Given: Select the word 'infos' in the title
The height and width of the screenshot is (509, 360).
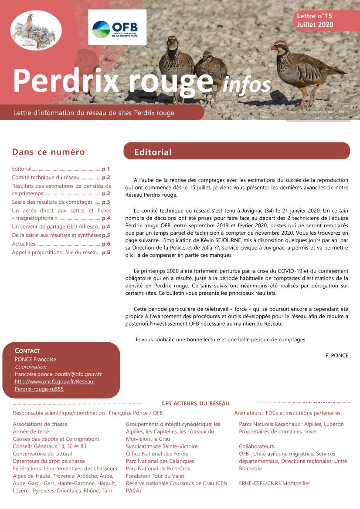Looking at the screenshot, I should click(x=247, y=83).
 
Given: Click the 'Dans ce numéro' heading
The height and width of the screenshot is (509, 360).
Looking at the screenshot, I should click(x=48, y=152).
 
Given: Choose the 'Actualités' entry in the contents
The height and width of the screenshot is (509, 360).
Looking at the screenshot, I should click(x=24, y=244).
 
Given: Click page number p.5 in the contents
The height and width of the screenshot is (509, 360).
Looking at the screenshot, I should click(x=106, y=235).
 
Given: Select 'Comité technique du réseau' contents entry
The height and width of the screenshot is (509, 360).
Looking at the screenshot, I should click(x=46, y=177).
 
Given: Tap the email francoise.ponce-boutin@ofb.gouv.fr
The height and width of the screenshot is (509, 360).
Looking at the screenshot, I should click(x=58, y=374).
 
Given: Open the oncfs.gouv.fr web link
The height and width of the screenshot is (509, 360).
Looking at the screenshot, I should click(x=55, y=385).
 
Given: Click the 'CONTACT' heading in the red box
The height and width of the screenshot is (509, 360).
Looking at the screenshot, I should click(x=27, y=351).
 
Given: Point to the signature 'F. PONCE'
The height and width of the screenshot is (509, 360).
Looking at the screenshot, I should click(x=337, y=355).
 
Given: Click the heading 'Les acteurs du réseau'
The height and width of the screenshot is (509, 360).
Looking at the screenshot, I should click(x=196, y=404).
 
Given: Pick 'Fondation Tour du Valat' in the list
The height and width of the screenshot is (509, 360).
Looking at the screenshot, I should click(x=155, y=476).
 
